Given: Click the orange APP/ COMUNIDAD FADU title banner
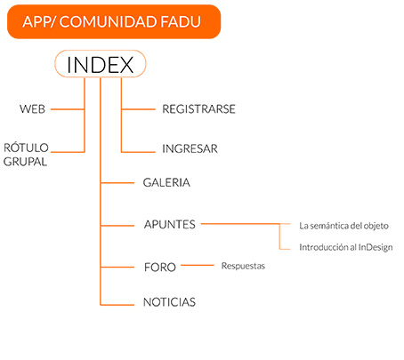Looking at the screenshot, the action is (x=114, y=21).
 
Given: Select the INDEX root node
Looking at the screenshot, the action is (x=101, y=64).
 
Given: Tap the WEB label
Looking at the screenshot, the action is (x=32, y=109).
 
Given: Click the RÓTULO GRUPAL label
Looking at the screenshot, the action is (x=26, y=155).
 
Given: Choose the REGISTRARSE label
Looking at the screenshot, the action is (x=198, y=109).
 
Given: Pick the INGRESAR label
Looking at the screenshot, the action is (x=190, y=148).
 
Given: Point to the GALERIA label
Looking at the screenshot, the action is (x=166, y=182).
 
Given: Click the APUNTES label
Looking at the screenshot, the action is (x=170, y=224).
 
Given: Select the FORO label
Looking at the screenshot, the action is (x=160, y=267).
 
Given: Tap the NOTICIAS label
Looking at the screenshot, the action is (x=169, y=302).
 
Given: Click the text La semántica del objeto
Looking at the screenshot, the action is (x=343, y=226).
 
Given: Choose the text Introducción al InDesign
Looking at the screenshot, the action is (x=346, y=247).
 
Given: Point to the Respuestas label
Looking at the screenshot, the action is (x=243, y=266).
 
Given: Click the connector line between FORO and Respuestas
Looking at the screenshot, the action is (x=198, y=265).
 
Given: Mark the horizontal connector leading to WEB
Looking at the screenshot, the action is (x=68, y=109).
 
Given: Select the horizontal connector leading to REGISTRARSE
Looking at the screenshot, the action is (x=138, y=109).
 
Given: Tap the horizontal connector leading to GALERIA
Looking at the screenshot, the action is (x=117, y=183).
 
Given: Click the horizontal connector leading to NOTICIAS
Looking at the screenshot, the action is (x=117, y=304).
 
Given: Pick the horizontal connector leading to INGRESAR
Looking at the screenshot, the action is (x=138, y=152).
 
